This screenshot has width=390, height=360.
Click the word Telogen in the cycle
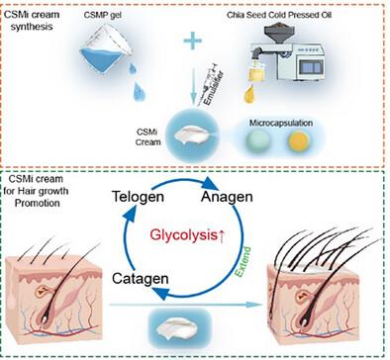click(x=138, y=197)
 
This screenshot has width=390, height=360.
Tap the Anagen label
click(x=227, y=197)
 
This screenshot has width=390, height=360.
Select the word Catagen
click(x=141, y=279)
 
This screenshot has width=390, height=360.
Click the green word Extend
click(x=244, y=261)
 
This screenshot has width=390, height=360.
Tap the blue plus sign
click(x=193, y=41)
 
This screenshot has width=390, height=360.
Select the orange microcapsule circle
click(x=299, y=141)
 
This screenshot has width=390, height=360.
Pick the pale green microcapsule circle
click(x=258, y=141)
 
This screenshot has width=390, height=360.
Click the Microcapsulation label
click(x=281, y=123)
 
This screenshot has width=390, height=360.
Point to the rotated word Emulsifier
click(x=214, y=88)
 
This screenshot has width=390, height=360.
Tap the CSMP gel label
click(x=103, y=15)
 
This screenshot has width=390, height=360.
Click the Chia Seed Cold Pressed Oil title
click(x=279, y=15)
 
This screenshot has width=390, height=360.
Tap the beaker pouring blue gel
click(x=105, y=49)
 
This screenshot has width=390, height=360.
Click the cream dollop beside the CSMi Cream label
click(x=192, y=135)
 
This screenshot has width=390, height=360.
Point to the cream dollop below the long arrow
click(x=177, y=328)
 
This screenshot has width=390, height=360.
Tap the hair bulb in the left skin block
click(x=44, y=319)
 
